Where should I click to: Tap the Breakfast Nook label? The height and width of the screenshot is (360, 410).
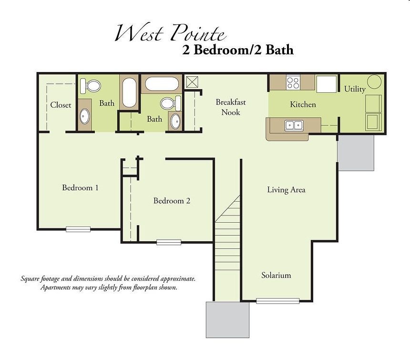(231, 107)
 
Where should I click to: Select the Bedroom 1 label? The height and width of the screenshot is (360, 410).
(80, 187)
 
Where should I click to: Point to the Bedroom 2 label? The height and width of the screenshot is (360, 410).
(172, 201)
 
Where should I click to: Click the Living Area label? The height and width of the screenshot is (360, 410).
(286, 190)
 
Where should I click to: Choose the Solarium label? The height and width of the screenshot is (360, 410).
(276, 275)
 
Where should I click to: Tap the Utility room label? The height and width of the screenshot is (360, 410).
(355, 89)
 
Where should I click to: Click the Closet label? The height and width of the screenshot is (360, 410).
(61, 105)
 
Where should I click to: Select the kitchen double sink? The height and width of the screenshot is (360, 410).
(294, 125)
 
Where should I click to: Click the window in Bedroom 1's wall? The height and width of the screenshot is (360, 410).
(78, 229)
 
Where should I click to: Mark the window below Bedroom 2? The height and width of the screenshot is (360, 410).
(169, 242)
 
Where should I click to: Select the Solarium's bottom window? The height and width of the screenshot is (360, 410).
(277, 301)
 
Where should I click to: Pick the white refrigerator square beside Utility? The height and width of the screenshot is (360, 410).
(327, 83)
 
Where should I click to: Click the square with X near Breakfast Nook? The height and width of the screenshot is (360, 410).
(192, 81)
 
